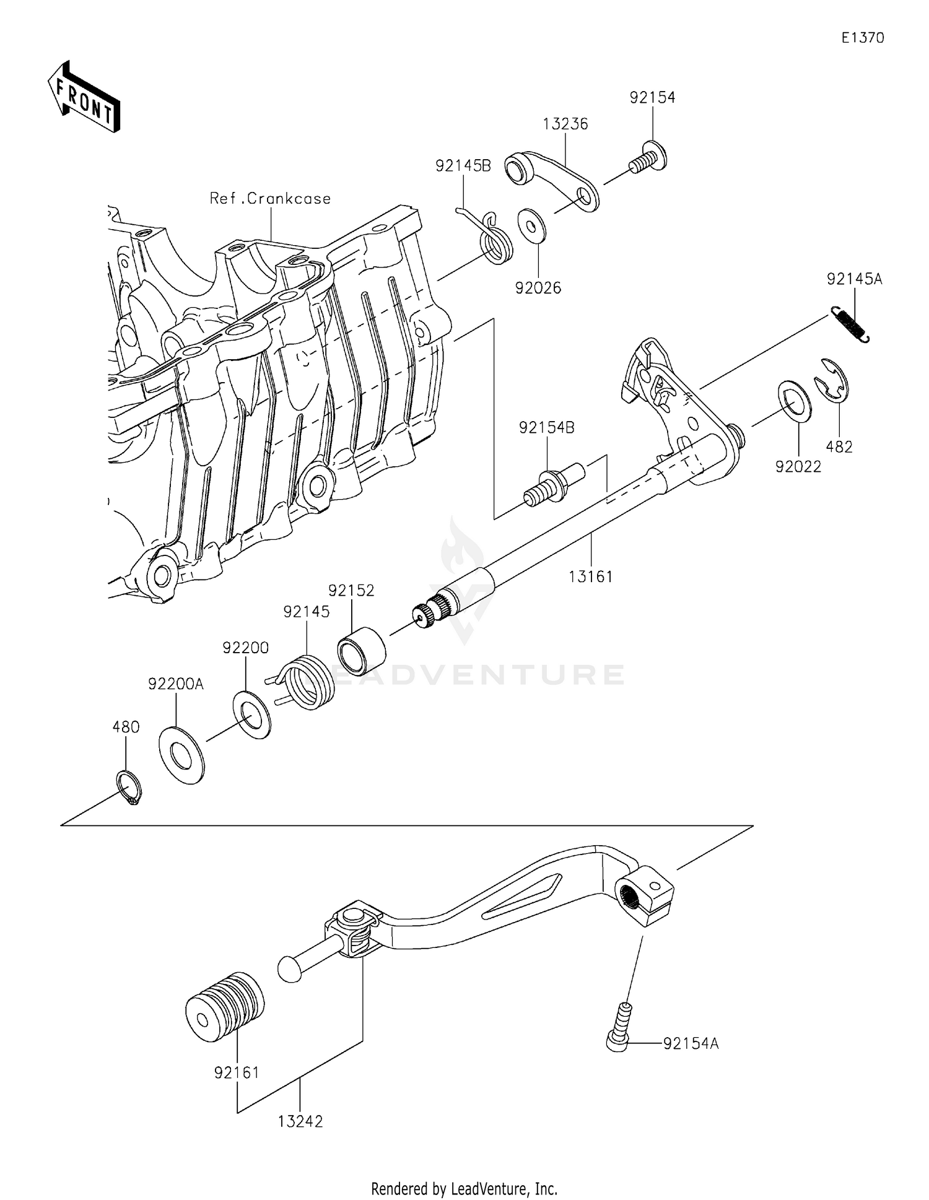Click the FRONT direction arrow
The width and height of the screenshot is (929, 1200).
pos(84,98)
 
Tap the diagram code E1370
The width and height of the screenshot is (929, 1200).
pos(862,38)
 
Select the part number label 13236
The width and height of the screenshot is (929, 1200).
pos(565,124)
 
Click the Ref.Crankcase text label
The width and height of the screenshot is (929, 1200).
pos(270,199)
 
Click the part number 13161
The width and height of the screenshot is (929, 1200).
pos(591,576)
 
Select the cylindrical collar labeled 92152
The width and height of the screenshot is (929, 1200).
pos(361,651)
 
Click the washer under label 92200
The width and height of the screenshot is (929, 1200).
pos(252,715)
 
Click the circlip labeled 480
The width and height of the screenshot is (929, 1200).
pos(129,787)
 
